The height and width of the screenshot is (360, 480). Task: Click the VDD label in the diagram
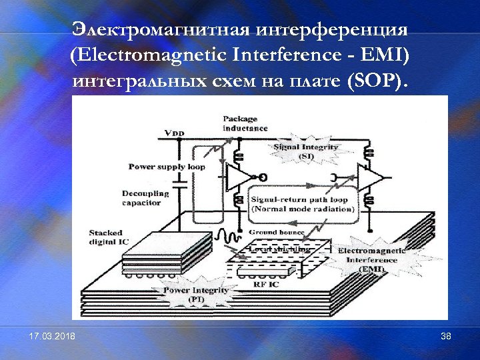point(174,133)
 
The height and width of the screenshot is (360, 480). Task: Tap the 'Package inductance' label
point(245,123)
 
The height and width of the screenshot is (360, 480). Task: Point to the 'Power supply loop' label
point(167,166)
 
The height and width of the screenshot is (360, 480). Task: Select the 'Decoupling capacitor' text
point(146,198)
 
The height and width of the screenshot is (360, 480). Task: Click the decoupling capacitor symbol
point(178,181)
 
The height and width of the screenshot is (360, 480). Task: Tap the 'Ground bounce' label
point(277,233)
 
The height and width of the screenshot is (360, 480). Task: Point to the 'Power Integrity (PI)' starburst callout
point(196,295)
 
